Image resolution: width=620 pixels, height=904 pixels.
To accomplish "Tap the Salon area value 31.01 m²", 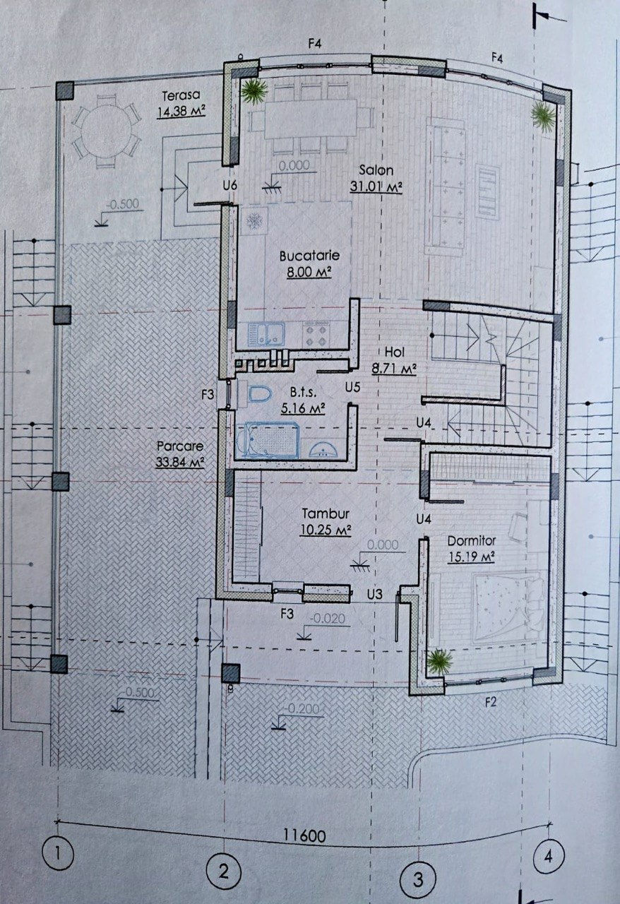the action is tap(376, 187).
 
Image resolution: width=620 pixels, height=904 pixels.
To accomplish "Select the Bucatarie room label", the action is tap(309, 256).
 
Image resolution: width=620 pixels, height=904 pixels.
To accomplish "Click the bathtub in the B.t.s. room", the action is tap(267, 440).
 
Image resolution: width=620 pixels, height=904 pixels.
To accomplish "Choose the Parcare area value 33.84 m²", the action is tap(179, 462).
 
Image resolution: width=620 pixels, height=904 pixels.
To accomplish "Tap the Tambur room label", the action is tap(326, 513).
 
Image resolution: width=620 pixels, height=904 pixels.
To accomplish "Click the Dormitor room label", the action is tap(472, 541).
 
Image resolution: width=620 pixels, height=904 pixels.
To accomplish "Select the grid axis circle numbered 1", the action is tap(59, 855).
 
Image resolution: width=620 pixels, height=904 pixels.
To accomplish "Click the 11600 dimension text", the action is tap(305, 835).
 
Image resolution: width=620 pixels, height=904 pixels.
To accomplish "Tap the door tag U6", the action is tap(229, 186).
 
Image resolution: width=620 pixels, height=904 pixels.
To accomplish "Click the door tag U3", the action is tap(374, 594).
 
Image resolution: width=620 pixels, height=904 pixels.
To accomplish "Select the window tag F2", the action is tap(490, 703).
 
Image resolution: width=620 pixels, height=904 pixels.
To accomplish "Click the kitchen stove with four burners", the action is tap(317, 334).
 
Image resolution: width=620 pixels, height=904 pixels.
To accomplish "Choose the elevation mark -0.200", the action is tap(301, 708).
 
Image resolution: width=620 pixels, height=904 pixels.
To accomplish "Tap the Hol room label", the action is tap(394, 352).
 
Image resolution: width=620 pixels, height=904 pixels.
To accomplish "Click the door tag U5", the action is tap(352, 388).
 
